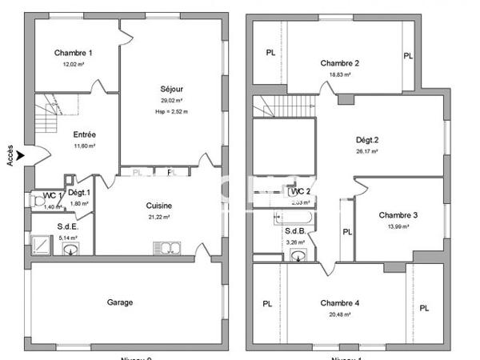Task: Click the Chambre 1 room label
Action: tap(73, 53)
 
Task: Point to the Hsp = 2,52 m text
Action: tap(172, 112)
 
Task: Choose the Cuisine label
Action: tap(160, 206)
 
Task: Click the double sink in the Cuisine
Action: tap(164, 247)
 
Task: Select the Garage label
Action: tap(120, 302)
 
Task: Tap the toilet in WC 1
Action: tap(37, 201)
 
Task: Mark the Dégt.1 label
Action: tap(78, 193)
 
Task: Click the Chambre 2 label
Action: tap(339, 63)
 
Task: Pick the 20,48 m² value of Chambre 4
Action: tap(340, 314)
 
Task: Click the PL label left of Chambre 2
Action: tap(270, 53)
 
